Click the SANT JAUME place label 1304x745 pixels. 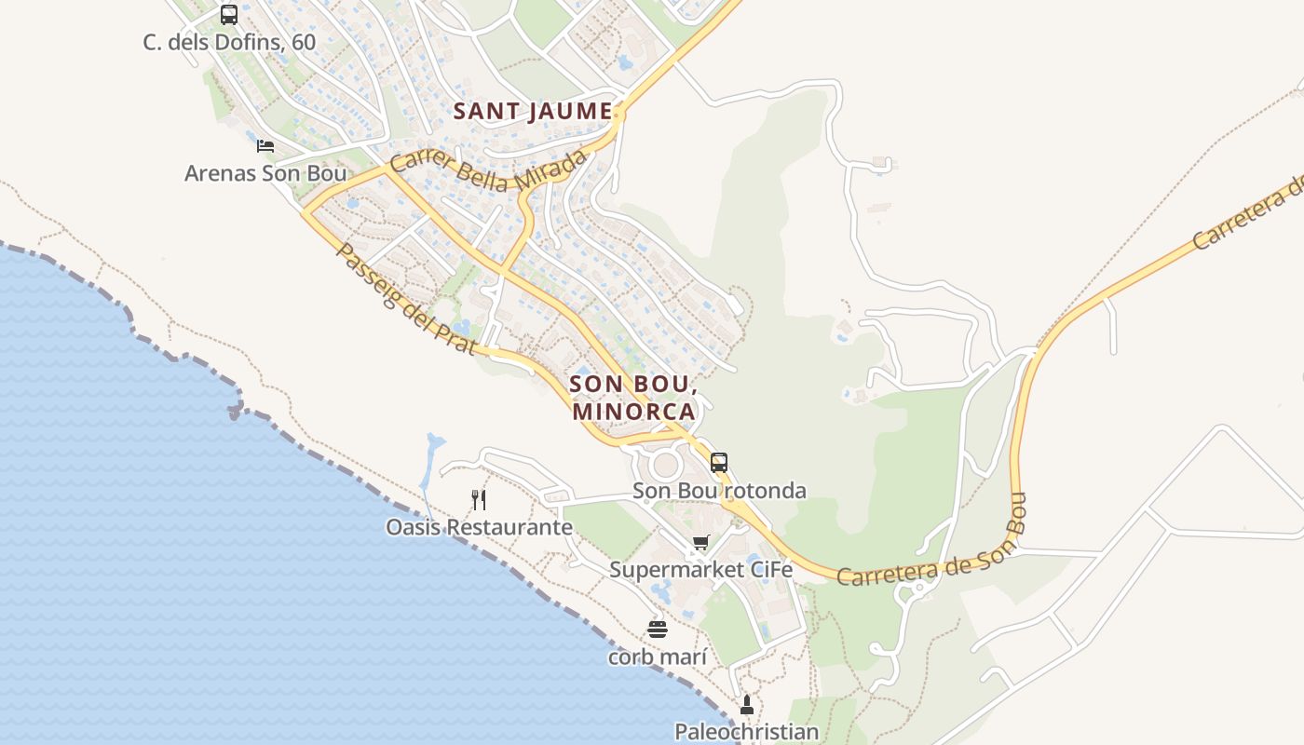533,112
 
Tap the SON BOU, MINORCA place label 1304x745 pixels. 633,398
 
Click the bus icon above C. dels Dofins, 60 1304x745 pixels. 229,15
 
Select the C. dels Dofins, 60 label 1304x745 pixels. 229,42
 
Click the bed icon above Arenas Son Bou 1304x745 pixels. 265,145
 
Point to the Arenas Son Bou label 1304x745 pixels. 265,173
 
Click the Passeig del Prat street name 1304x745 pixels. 406,300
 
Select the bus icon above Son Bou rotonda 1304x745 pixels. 718,462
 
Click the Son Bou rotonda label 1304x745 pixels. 719,491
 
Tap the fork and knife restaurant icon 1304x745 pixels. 479,500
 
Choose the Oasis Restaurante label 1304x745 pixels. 479,527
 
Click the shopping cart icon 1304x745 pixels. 700,542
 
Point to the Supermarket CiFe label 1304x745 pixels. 700,569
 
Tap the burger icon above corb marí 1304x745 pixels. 658,630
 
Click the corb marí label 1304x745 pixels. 658,657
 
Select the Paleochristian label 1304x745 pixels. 746,732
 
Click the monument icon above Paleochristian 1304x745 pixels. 746,705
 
